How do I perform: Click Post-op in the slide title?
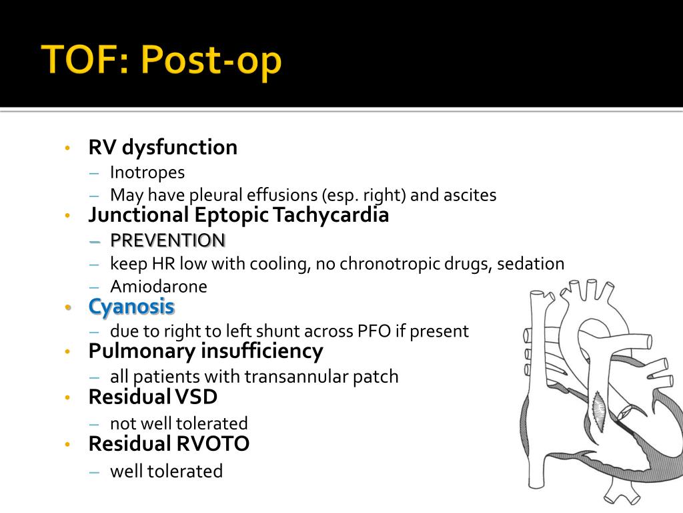212,62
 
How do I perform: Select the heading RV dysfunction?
163,147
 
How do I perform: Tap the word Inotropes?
147,172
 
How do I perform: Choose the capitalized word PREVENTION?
167,240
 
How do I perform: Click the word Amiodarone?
159,287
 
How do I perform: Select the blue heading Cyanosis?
131,307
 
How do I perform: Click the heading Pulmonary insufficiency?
205,351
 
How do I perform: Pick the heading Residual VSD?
153,397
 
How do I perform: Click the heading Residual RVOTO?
169,444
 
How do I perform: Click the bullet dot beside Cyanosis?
67,307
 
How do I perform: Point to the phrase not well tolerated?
179,423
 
